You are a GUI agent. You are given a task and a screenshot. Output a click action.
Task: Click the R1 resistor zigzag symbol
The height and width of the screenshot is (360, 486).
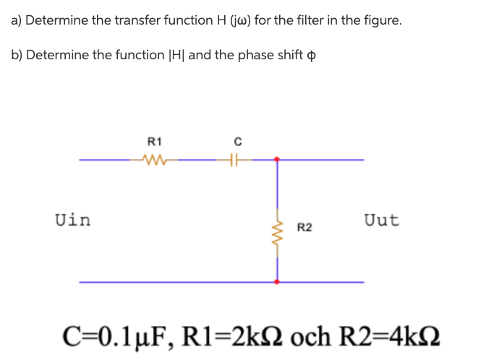pos(154,160)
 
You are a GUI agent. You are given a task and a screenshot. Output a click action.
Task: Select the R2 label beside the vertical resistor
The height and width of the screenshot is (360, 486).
pos(304,228)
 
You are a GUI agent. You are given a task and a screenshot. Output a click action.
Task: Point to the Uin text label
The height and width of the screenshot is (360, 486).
pos(73,220)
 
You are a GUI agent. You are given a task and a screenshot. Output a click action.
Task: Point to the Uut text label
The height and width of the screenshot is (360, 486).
pos(381,220)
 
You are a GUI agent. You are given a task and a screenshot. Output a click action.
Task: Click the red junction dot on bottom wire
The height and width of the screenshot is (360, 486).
pos(276,282)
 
